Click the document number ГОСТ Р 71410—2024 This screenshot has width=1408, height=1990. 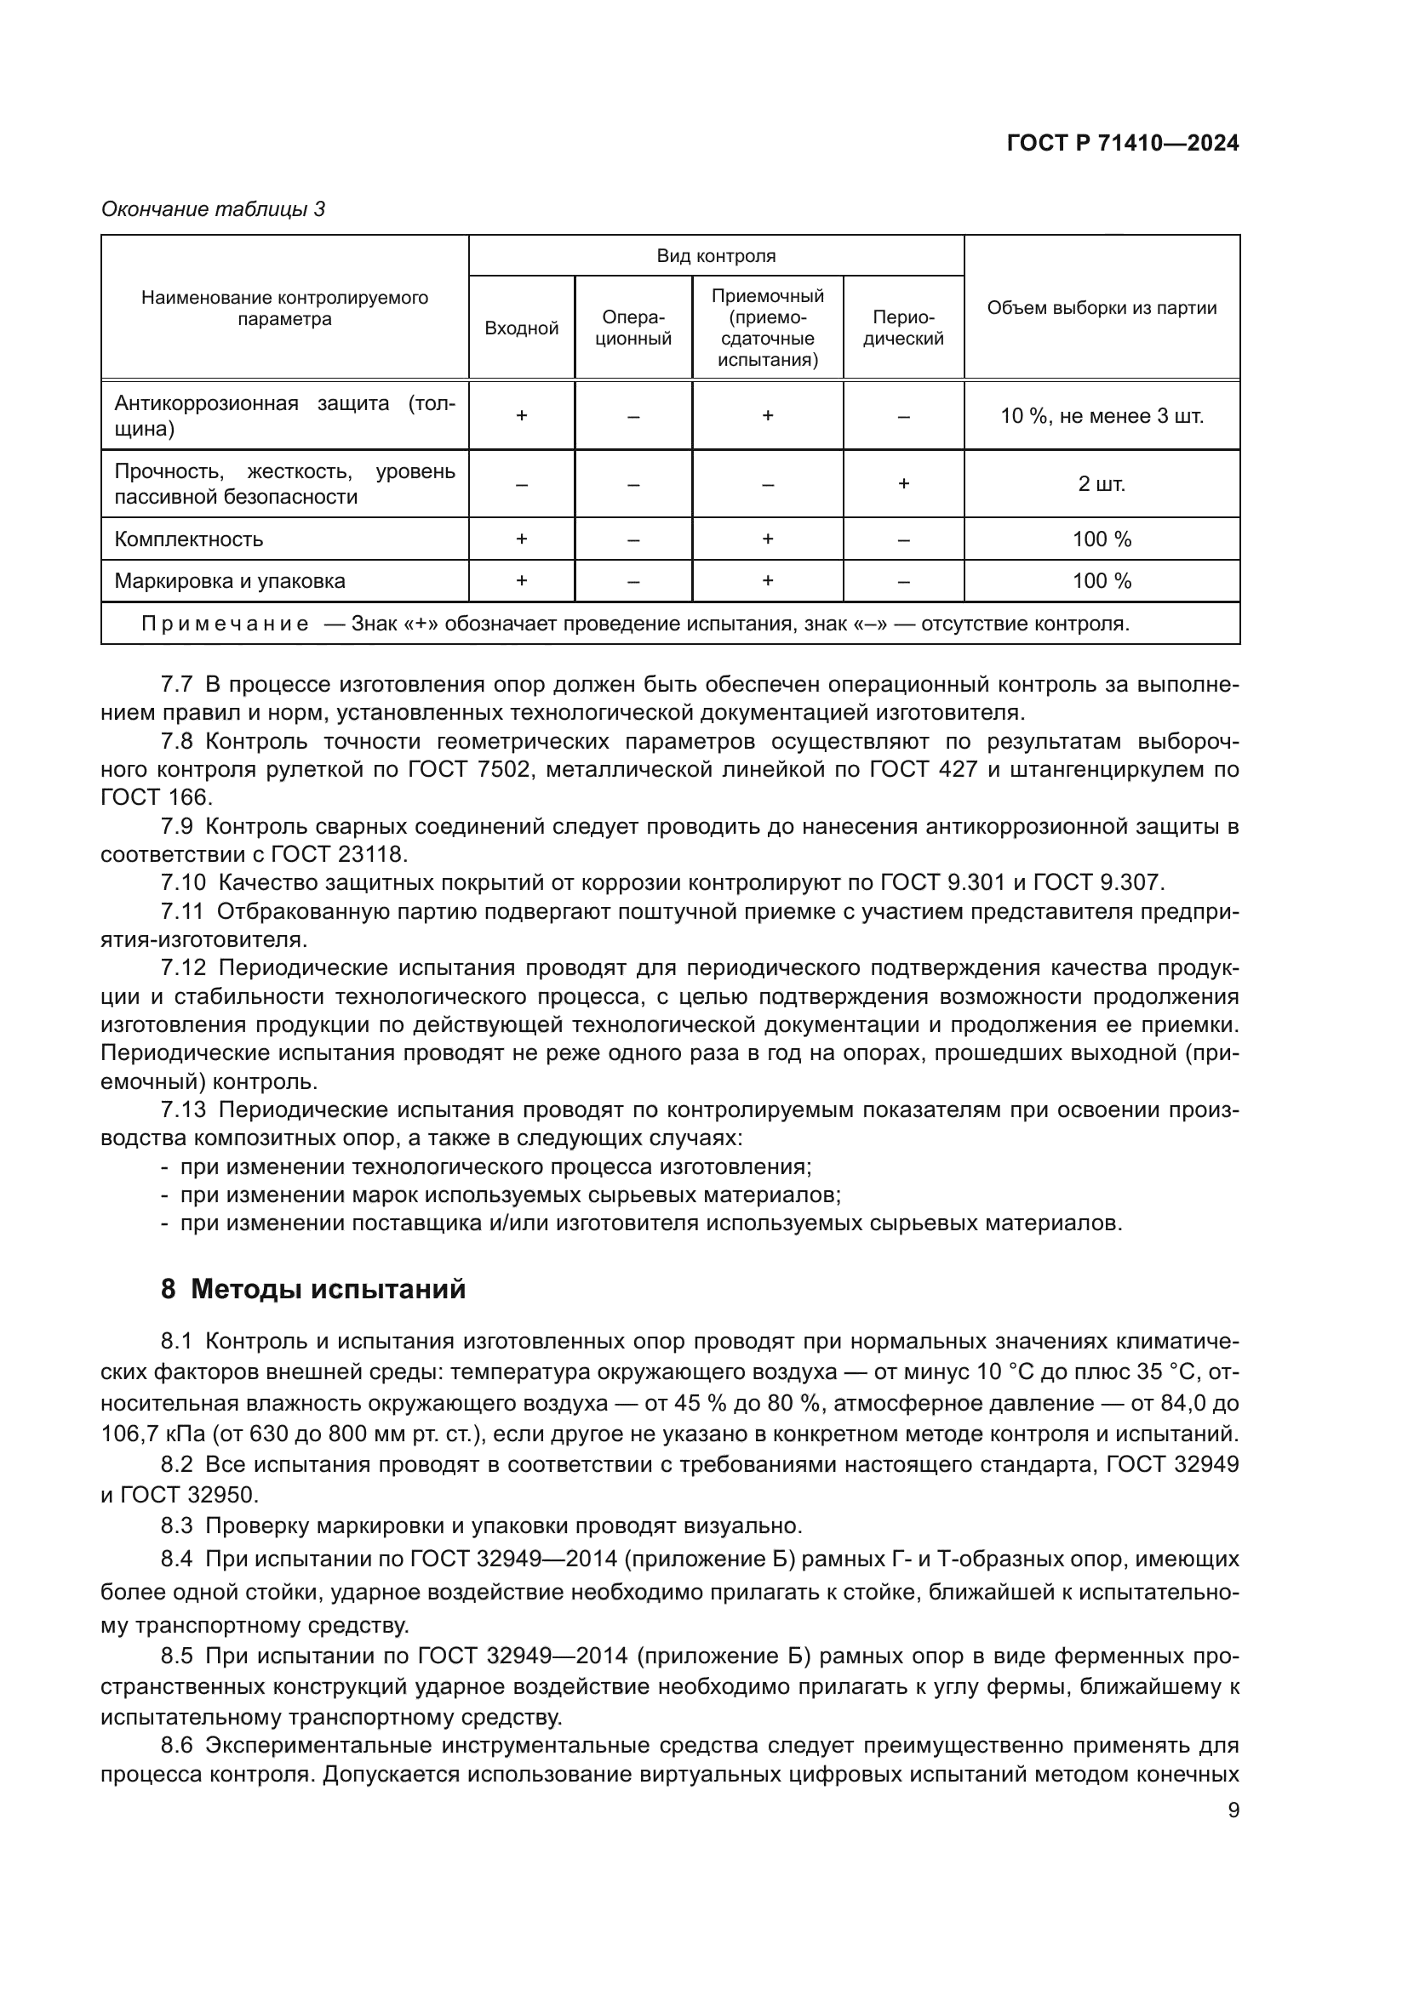point(1123,144)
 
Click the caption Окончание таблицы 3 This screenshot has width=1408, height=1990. point(214,209)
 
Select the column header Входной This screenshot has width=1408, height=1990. point(521,328)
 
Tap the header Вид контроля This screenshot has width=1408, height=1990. point(715,256)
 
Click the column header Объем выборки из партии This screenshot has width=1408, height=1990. point(1101,308)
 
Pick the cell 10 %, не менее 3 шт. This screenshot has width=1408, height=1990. point(1101,416)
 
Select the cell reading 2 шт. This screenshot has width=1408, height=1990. point(1101,483)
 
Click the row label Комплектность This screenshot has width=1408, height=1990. point(188,539)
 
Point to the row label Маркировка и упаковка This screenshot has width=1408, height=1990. point(230,581)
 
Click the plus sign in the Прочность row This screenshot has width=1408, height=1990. point(902,483)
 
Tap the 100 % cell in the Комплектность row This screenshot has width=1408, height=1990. point(1101,539)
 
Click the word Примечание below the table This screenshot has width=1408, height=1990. point(226,624)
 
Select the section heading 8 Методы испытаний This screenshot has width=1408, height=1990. point(313,1289)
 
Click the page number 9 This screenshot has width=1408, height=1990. point(1233,1810)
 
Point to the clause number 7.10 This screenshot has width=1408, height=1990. point(183,882)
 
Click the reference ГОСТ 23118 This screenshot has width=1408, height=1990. point(338,853)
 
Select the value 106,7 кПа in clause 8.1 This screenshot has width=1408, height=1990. point(151,1434)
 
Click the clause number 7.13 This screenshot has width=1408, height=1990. point(183,1109)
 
